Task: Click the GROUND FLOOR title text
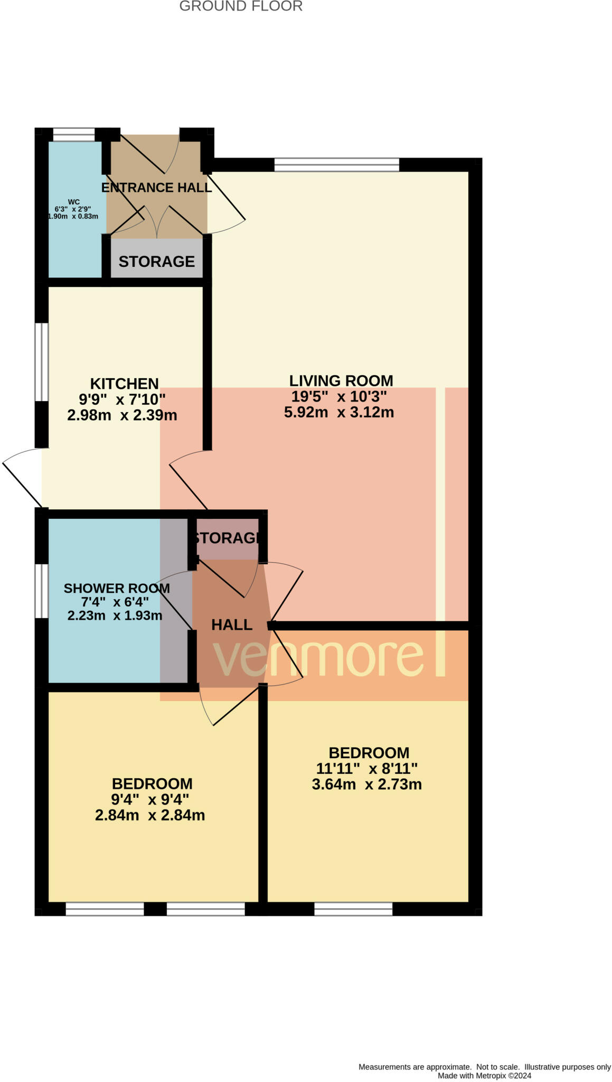click(x=241, y=6)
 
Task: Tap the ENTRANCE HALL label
click(x=156, y=188)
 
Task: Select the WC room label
click(x=74, y=202)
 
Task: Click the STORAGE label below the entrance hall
click(x=156, y=262)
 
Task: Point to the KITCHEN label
click(x=124, y=384)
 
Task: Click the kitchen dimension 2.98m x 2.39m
click(x=122, y=415)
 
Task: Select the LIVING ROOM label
click(x=341, y=380)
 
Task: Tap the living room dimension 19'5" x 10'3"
click(x=339, y=396)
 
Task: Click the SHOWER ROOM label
click(x=117, y=589)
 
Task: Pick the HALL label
click(x=231, y=625)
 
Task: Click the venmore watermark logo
click(x=327, y=658)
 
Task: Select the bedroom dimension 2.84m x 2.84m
click(x=150, y=815)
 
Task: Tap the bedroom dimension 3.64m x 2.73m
click(x=366, y=785)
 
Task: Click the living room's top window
click(x=336, y=165)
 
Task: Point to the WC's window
click(x=73, y=134)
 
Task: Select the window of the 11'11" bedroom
click(x=353, y=909)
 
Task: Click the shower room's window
click(x=42, y=591)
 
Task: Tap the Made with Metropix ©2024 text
click(x=484, y=1076)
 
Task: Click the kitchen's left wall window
click(x=42, y=362)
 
